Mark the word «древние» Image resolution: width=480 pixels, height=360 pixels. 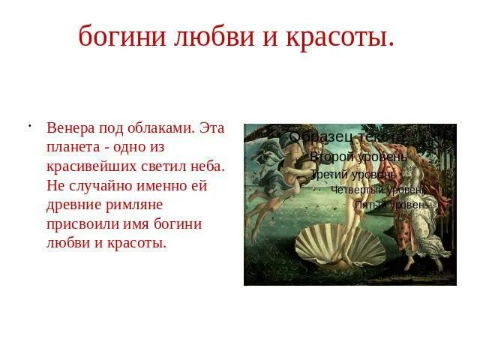point(75,205)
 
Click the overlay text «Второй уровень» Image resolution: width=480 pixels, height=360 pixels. point(358,157)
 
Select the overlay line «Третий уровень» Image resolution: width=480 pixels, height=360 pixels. point(352,175)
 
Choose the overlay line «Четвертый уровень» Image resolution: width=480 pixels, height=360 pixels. point(377,190)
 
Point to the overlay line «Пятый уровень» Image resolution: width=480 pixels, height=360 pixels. point(392,204)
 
